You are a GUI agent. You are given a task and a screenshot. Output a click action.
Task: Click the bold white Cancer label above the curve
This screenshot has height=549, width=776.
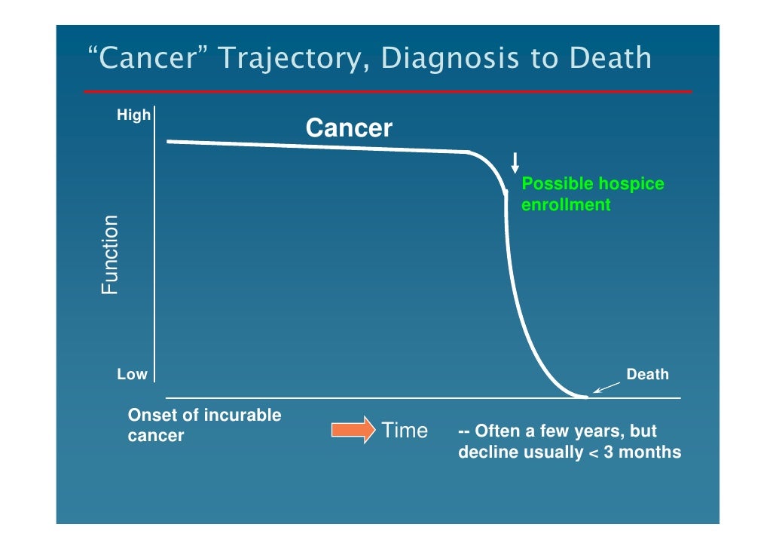click(x=349, y=128)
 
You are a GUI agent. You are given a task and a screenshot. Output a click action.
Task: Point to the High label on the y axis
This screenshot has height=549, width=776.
click(x=133, y=115)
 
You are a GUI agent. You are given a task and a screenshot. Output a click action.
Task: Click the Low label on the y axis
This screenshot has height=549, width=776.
click(x=132, y=374)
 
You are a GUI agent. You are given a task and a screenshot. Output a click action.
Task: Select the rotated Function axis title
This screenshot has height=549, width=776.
click(x=110, y=255)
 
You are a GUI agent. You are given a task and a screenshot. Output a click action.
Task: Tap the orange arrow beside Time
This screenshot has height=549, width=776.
click(x=353, y=431)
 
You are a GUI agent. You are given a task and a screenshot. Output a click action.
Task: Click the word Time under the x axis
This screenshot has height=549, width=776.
click(x=405, y=431)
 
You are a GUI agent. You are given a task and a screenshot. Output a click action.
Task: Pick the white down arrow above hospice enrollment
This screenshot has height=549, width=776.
click(x=515, y=162)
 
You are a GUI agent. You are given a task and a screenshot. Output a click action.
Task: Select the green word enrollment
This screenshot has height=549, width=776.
click(x=565, y=204)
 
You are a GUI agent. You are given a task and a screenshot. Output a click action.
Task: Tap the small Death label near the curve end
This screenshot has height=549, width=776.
click(x=647, y=374)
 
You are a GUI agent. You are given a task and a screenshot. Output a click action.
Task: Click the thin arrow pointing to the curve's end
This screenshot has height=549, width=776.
click(x=608, y=386)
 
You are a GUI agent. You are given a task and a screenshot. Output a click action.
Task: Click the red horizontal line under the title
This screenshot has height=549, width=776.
click(x=387, y=91)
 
